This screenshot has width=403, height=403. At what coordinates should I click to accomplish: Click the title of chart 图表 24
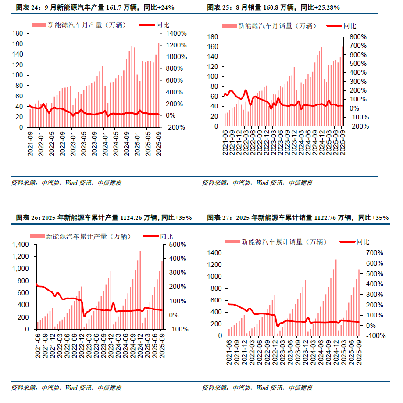coord(95,7)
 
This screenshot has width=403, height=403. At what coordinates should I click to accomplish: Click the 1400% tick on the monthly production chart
coord(176,33)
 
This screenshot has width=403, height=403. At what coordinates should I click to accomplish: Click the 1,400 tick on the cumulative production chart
coord(21,245)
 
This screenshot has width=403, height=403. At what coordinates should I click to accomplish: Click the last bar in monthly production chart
coord(159,85)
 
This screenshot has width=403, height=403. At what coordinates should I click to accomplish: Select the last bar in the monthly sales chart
coord(342,86)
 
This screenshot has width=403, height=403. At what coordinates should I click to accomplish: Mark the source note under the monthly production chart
coord(66,183)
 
